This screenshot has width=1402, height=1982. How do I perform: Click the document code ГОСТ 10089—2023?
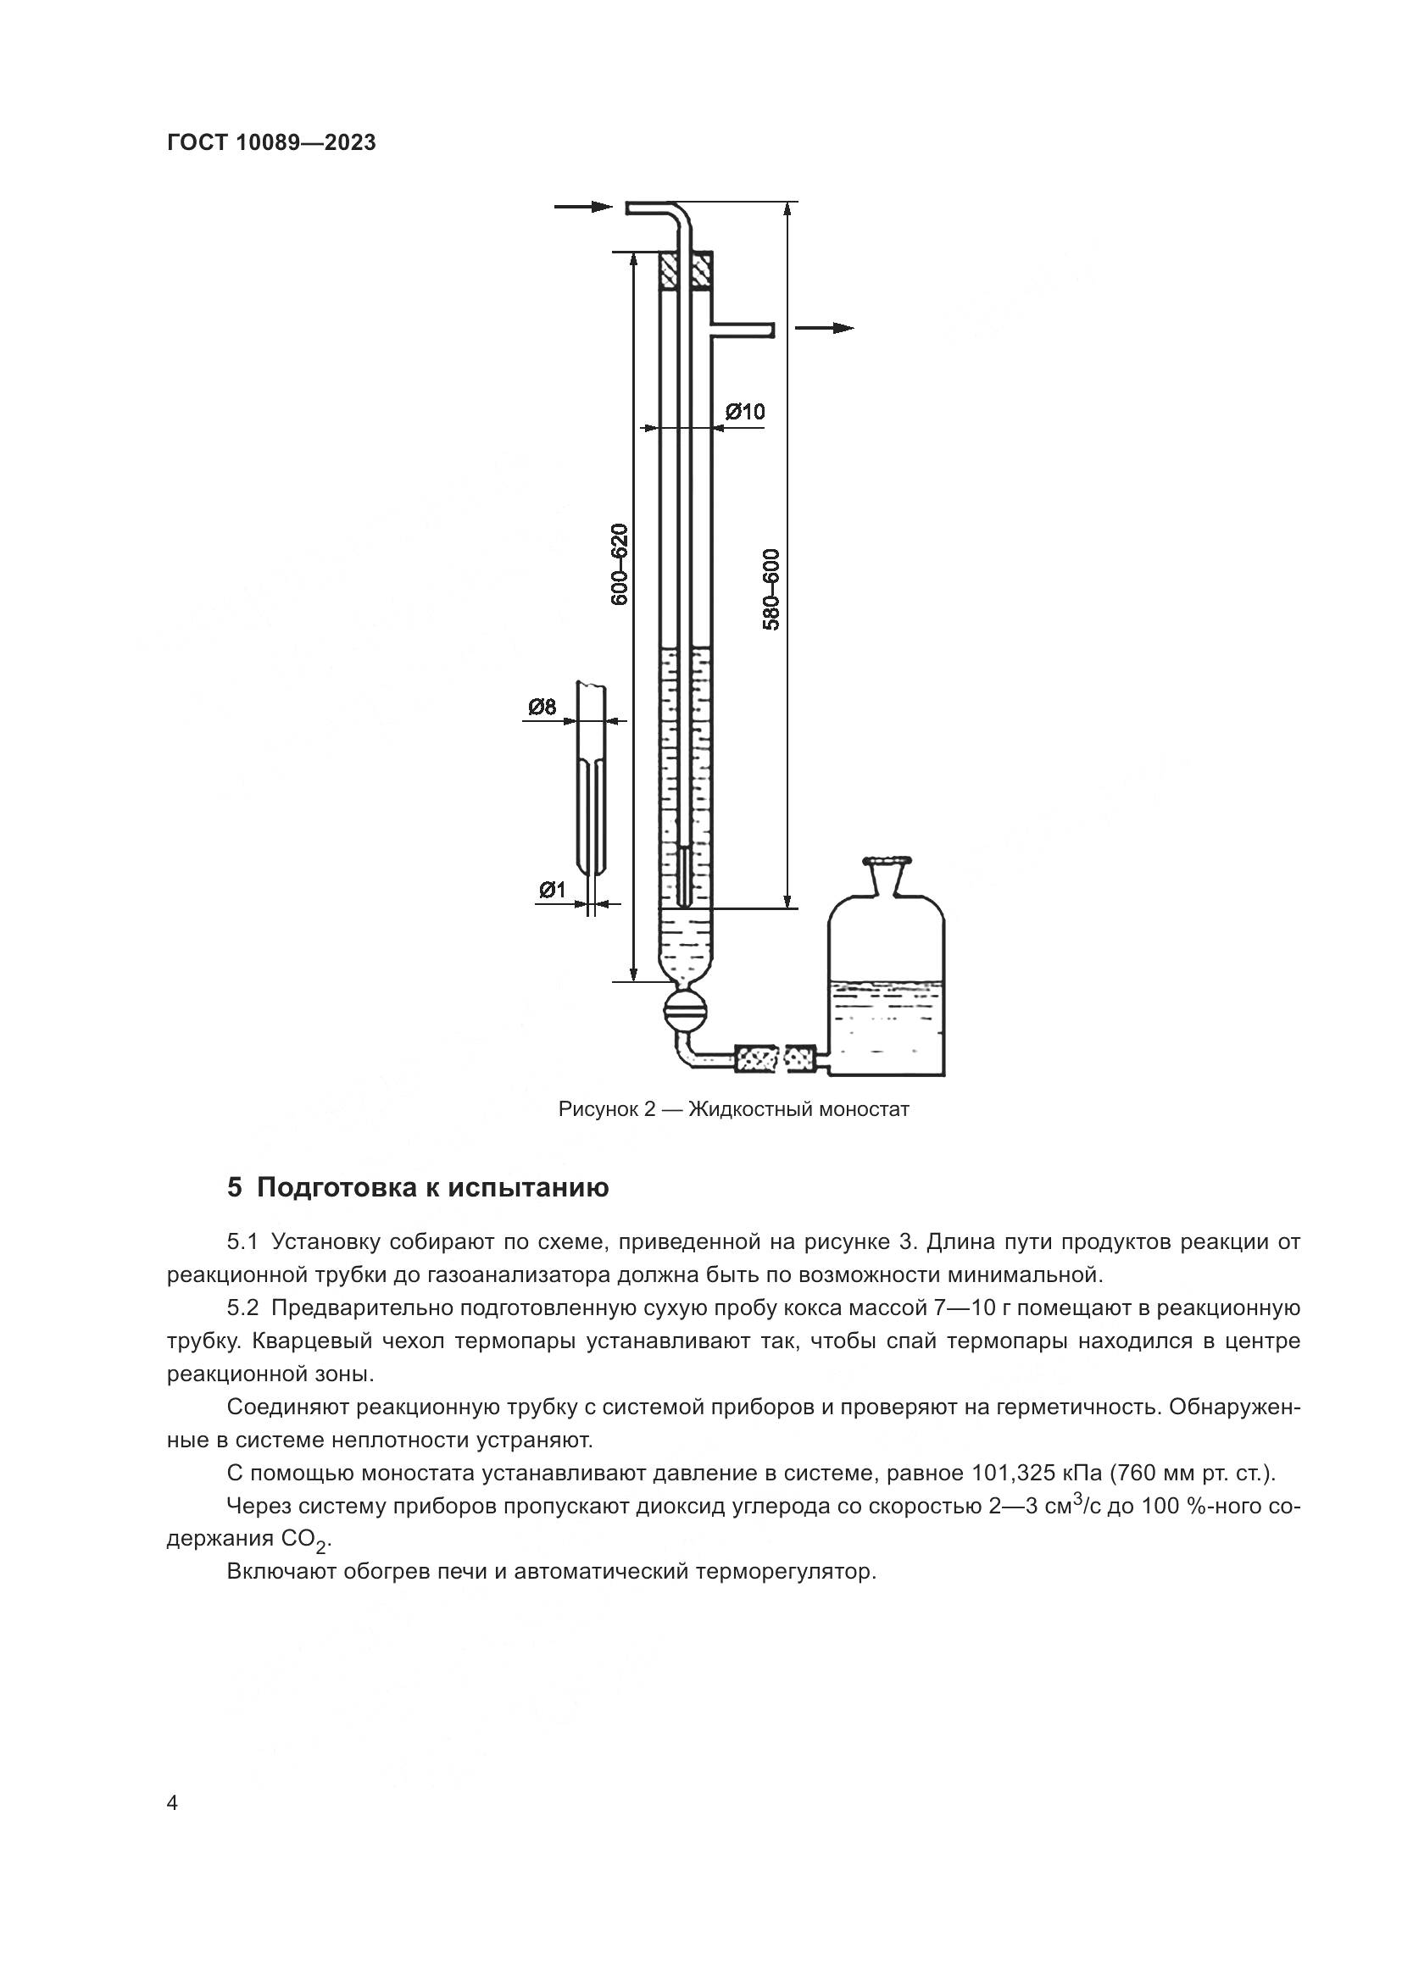271,143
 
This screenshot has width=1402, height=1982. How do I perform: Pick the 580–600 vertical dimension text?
772,589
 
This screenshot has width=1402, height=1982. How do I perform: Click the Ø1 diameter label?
552,889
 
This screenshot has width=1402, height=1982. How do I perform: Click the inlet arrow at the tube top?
582,206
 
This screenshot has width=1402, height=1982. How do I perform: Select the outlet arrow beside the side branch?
825,328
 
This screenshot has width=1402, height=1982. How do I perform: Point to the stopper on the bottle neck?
887,860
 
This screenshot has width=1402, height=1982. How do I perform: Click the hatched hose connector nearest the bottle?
799,1058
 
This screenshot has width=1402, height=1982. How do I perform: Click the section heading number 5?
235,1188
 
